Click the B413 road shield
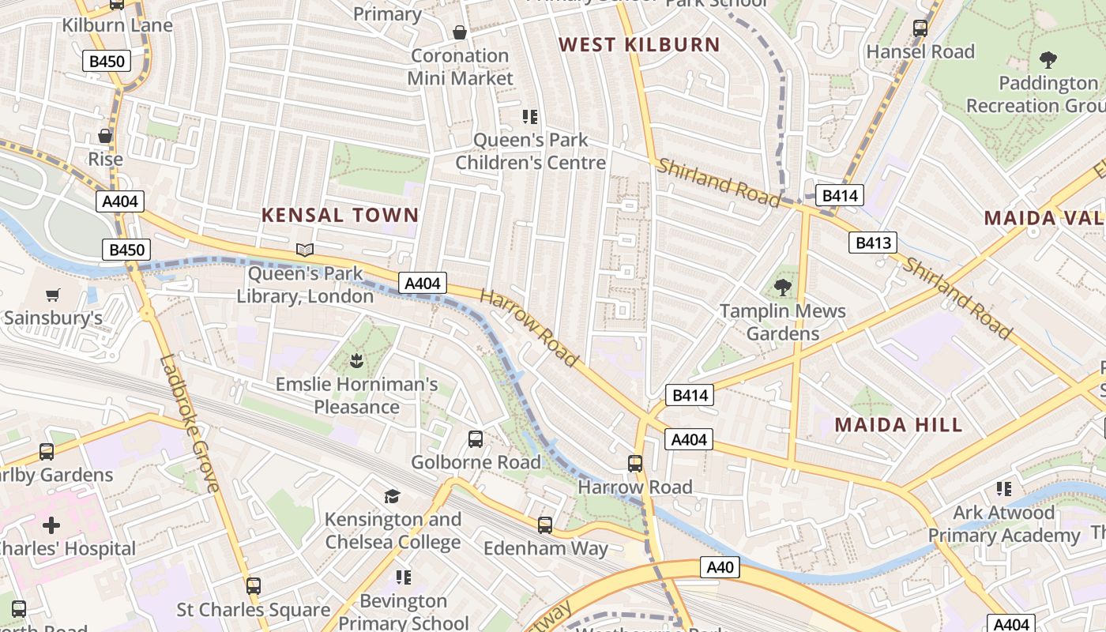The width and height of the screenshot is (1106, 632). click(873, 243)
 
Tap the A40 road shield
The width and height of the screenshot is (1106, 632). click(720, 566)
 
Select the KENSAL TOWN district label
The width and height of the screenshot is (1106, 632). click(340, 215)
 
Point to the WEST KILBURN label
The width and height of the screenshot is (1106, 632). click(640, 45)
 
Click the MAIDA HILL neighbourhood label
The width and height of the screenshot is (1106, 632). click(898, 425)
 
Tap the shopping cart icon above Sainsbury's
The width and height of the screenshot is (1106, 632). click(53, 295)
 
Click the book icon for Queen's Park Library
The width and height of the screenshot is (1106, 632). click(305, 250)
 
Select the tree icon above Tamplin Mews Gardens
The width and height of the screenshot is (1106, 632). click(782, 287)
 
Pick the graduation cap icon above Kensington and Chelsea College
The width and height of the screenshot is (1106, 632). click(392, 496)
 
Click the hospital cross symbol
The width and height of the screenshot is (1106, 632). click(51, 525)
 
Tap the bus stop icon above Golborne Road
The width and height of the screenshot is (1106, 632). click(476, 439)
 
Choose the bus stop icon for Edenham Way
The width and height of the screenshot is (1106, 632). click(545, 525)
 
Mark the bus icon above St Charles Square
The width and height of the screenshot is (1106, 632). click(253, 586)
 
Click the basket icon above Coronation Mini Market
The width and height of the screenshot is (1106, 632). click(459, 32)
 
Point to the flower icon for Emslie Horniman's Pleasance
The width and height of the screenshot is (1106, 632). click(355, 362)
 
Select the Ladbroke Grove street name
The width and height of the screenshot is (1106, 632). click(190, 423)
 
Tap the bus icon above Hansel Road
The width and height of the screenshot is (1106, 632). click(920, 28)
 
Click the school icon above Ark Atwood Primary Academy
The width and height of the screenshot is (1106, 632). click(1003, 489)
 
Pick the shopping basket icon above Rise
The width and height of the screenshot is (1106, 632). click(105, 136)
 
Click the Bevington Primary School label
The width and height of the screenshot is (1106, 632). click(404, 612)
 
